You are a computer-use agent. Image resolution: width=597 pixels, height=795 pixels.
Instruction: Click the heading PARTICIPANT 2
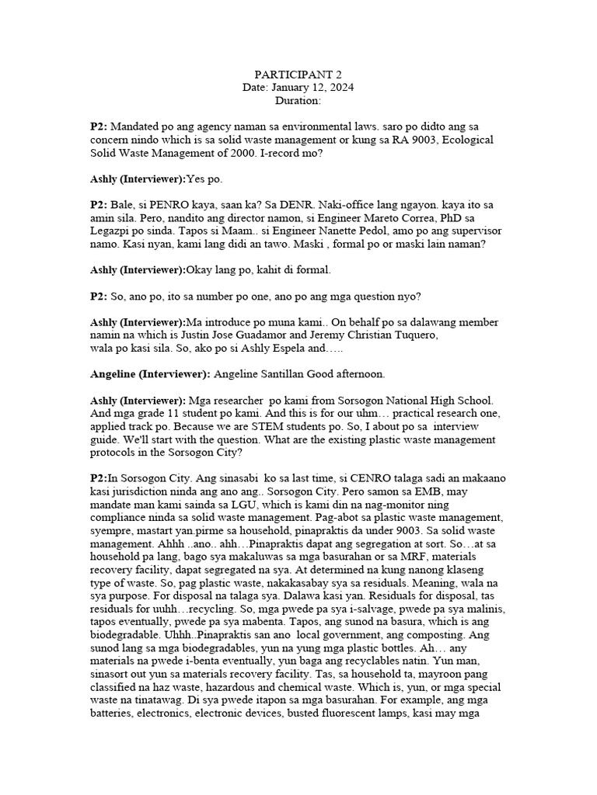pyautogui.click(x=298, y=75)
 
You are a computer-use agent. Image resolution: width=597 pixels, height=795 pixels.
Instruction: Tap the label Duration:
pyautogui.click(x=298, y=101)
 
